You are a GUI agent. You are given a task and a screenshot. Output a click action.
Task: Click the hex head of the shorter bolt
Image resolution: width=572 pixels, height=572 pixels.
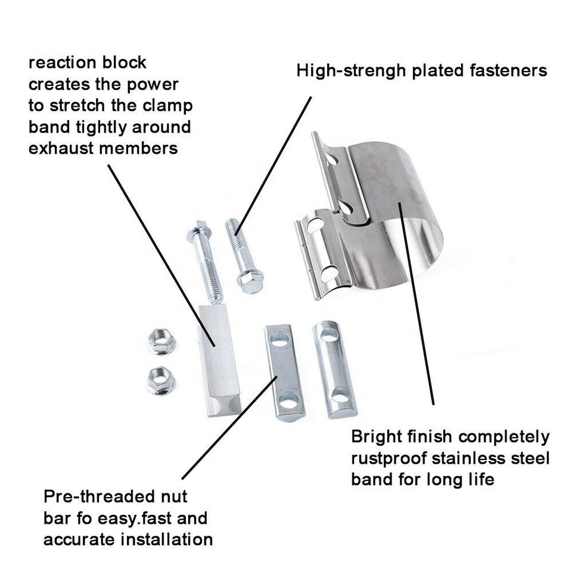click(x=251, y=279)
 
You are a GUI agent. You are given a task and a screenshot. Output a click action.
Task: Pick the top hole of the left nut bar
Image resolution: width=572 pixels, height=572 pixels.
click(x=279, y=341)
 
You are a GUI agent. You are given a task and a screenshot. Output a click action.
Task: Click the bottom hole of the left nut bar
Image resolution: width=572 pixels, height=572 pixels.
click(x=288, y=403)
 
